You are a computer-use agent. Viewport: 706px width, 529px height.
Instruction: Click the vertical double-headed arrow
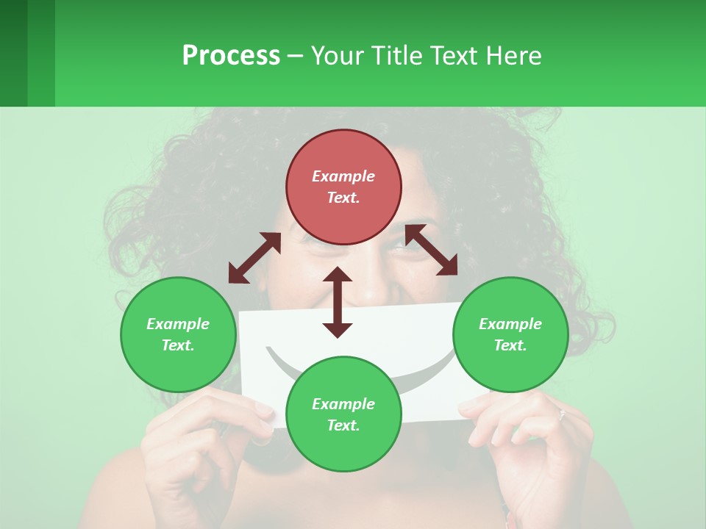point(338,302)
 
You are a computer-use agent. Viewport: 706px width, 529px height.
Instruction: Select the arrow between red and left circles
point(254,258)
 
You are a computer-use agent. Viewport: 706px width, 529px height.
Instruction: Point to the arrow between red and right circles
point(431,250)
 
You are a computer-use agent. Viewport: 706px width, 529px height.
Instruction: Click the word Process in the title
point(231,55)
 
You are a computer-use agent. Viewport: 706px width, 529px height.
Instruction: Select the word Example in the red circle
point(343,176)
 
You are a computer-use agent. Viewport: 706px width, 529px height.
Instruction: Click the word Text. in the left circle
point(178,345)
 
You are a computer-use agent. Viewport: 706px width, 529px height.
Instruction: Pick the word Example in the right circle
point(510,324)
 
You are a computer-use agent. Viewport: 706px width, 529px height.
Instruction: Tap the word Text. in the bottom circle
point(343,425)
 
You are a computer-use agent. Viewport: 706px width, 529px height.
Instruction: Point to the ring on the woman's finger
point(561,415)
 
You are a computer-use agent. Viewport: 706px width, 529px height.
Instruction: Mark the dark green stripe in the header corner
point(13,53)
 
